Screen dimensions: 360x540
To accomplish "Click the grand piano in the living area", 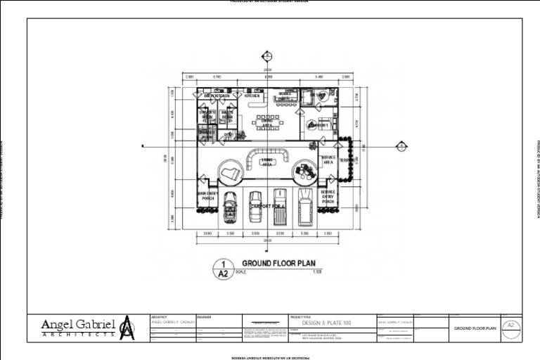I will click(229, 171).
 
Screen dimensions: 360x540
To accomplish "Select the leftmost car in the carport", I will click(230, 208).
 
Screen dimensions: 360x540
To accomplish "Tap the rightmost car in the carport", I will click(305, 206).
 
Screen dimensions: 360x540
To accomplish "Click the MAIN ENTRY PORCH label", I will click(207, 196).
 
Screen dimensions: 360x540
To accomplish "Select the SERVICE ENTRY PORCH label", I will click(328, 196).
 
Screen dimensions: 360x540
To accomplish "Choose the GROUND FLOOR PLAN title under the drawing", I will click(278, 263).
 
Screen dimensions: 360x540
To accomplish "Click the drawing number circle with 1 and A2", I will click(223, 269).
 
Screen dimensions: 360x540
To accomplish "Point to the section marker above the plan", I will click(267, 56).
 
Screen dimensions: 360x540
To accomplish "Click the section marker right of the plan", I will click(401, 146).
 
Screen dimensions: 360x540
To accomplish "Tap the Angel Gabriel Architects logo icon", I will click(127, 328).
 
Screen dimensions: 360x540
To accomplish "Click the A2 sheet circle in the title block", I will click(511, 326).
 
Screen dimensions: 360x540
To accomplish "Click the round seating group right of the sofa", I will click(304, 170).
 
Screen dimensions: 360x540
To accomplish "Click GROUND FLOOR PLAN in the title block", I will click(475, 328).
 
